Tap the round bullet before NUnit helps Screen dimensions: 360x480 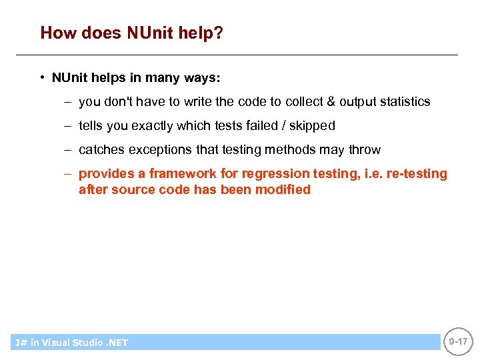41,77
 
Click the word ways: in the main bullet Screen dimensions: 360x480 202,78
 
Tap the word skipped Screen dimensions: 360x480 312,126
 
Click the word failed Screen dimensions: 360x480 263,126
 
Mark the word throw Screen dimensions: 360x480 365,150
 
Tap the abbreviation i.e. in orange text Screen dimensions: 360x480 361,174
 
